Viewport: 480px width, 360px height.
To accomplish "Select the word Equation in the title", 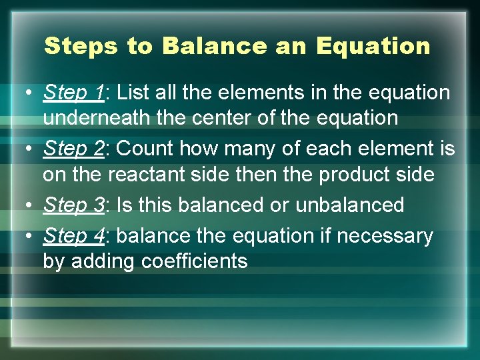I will click(373, 46).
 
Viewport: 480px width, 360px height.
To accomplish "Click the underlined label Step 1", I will click(73, 93).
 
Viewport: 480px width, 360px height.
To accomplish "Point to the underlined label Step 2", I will click(73, 149).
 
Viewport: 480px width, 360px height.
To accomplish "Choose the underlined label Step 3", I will click(73, 205).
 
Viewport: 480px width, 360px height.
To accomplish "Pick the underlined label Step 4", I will click(73, 236).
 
